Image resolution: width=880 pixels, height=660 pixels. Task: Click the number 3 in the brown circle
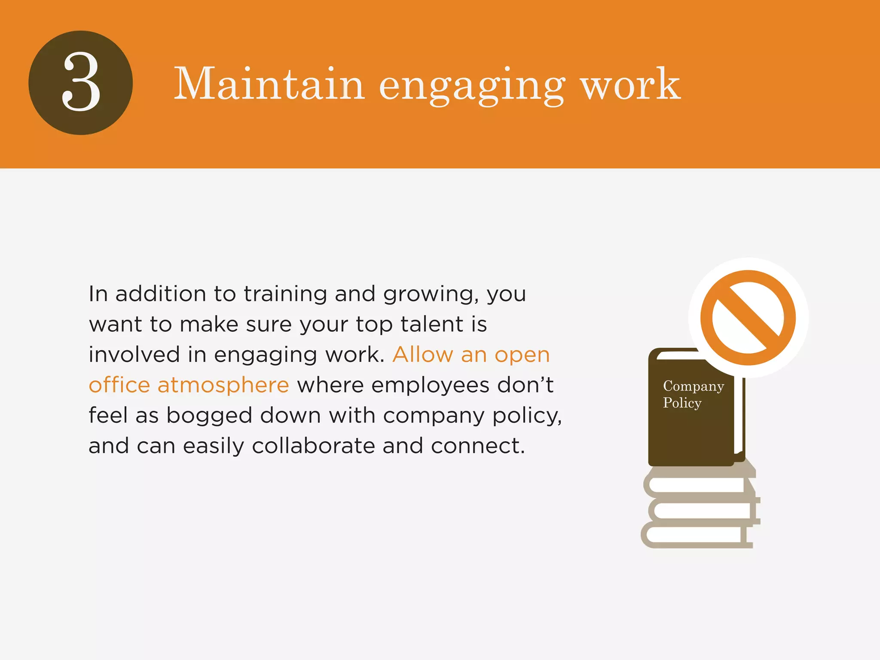pyautogui.click(x=81, y=82)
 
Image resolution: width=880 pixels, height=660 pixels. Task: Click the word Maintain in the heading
pyautogui.click(x=269, y=84)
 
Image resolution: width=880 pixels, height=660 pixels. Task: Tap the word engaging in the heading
pyautogui.click(x=471, y=86)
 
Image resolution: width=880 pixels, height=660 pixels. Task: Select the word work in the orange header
pyautogui.click(x=630, y=84)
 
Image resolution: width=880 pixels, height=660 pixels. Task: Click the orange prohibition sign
pyautogui.click(x=748, y=318)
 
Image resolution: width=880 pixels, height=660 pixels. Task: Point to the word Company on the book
pyautogui.click(x=693, y=386)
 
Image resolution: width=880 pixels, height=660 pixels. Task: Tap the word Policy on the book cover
pyautogui.click(x=682, y=403)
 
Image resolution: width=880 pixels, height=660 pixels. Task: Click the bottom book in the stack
pyautogui.click(x=696, y=535)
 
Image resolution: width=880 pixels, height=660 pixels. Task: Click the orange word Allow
pyautogui.click(x=423, y=355)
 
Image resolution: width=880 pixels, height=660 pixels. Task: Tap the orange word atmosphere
pyautogui.click(x=223, y=385)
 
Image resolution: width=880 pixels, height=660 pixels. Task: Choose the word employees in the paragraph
pyautogui.click(x=430, y=385)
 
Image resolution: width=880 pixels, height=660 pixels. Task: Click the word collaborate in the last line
pyautogui.click(x=313, y=446)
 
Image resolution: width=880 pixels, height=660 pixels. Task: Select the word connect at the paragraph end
pyautogui.click(x=477, y=446)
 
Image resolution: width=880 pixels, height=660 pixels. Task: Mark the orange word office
pyautogui.click(x=119, y=385)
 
